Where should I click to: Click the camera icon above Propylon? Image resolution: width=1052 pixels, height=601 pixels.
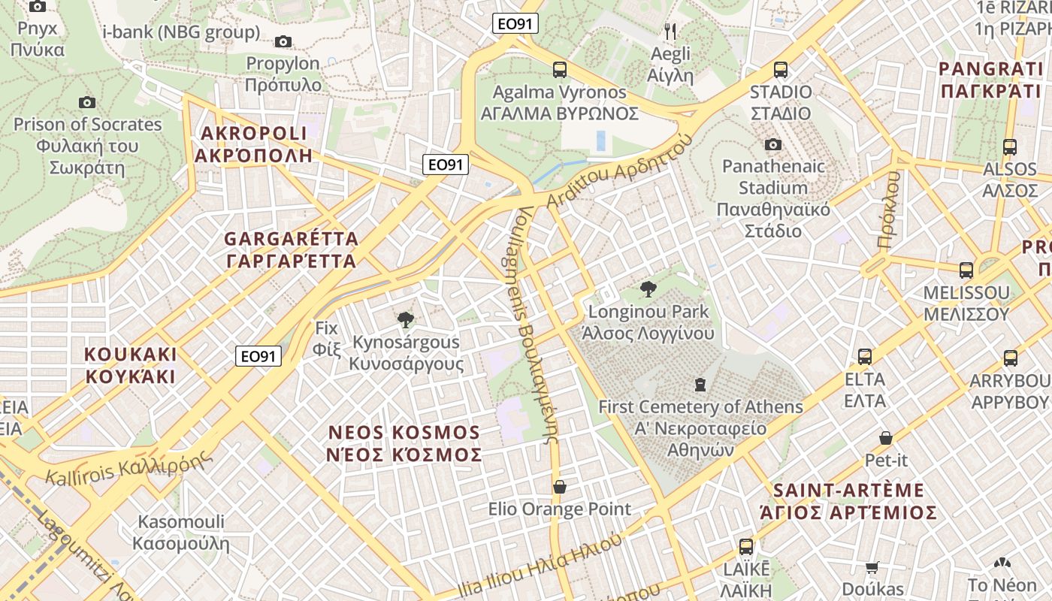click(x=283, y=41)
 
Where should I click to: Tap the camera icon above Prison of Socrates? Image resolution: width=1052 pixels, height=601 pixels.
click(x=87, y=102)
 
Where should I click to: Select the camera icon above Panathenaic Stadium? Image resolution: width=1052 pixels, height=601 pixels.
click(x=772, y=144)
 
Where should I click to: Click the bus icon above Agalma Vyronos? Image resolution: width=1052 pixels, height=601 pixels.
click(x=560, y=70)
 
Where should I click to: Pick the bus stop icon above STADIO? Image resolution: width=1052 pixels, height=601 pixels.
click(x=781, y=70)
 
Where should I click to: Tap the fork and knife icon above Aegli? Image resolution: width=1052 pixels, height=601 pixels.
click(x=670, y=32)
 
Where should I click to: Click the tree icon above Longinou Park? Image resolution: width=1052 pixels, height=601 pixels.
click(x=648, y=289)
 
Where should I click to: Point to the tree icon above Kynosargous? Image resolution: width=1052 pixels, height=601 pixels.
click(x=406, y=320)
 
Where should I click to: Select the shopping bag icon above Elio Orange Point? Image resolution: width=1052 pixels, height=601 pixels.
click(x=560, y=487)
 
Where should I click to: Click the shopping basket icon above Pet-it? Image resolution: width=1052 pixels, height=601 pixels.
click(x=886, y=437)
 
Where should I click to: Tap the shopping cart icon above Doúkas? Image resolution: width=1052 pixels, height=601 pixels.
click(x=872, y=567)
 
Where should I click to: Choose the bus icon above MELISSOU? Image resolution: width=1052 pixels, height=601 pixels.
click(x=966, y=270)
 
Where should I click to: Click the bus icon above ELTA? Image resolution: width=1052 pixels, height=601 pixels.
click(x=865, y=356)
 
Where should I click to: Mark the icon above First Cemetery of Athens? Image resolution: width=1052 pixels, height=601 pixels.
click(x=700, y=385)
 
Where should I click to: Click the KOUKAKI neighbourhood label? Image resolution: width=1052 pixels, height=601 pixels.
click(x=131, y=365)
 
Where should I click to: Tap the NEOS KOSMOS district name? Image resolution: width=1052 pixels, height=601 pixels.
click(x=405, y=443)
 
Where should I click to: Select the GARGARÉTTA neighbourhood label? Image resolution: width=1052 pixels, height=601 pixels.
click(x=291, y=250)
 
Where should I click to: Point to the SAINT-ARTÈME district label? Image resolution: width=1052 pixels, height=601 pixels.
click(x=848, y=501)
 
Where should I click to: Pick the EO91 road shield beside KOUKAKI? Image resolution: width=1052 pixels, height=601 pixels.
click(x=258, y=356)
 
